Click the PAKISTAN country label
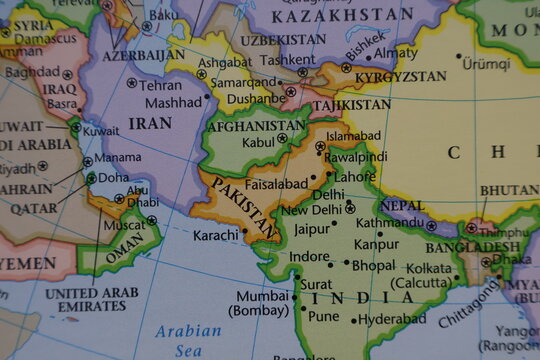pyautogui.click(x=243, y=208)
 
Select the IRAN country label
pyautogui.click(x=150, y=123)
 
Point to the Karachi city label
pyautogui.click(x=216, y=235)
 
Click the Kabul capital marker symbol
pyautogui.click(x=282, y=139)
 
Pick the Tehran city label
pyautogui.click(x=160, y=84)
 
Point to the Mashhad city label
pyautogui.click(x=172, y=102)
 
